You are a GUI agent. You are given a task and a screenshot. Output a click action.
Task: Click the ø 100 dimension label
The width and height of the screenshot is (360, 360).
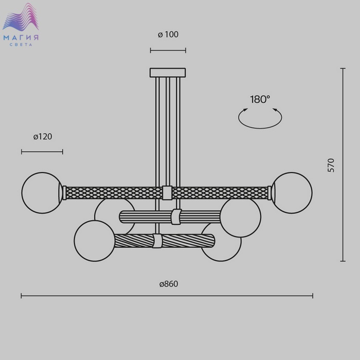(168, 34)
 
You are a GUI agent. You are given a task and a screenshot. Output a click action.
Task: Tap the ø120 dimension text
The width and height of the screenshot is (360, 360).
(43, 137)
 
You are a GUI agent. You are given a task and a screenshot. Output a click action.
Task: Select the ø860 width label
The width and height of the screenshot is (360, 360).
(169, 284)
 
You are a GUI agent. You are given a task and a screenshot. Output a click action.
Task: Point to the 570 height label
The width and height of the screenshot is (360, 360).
(331, 165)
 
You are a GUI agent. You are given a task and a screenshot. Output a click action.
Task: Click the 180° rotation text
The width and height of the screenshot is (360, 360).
(260, 99)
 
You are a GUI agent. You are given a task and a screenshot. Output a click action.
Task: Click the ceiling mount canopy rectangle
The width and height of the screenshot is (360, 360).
(168, 73)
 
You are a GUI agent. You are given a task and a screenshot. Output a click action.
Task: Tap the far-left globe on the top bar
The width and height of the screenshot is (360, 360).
(42, 193)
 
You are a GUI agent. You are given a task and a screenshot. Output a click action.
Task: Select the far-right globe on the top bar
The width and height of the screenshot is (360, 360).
(292, 193)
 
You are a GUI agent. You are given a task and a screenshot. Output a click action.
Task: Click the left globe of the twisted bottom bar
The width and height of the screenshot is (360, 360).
(95, 241)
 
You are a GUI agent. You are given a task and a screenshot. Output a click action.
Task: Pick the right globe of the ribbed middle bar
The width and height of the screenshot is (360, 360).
(240, 217)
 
